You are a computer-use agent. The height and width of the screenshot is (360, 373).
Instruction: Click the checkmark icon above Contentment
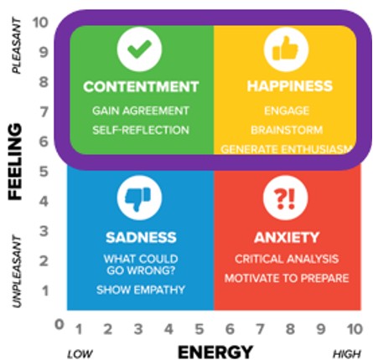(x=139, y=49)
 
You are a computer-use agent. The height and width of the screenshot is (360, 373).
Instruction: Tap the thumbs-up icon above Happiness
(x=286, y=49)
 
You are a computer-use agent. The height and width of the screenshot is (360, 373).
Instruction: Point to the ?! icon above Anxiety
(x=286, y=198)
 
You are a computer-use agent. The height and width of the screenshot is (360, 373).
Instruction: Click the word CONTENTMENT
(x=141, y=86)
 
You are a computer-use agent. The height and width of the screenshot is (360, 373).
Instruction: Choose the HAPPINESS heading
(x=290, y=86)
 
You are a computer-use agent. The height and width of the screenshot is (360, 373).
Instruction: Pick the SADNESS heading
(x=141, y=238)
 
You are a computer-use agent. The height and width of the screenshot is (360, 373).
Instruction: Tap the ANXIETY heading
(x=287, y=238)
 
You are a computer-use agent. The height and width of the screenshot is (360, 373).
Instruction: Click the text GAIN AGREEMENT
(x=141, y=111)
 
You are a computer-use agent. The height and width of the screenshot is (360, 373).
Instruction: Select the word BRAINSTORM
(x=287, y=130)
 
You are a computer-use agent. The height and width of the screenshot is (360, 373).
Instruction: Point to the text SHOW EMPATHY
(x=141, y=290)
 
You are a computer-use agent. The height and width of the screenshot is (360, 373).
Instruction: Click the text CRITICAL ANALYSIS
(x=287, y=259)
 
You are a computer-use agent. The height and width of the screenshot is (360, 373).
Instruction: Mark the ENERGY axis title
(x=215, y=352)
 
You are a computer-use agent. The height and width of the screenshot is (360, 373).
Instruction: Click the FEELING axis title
(x=15, y=162)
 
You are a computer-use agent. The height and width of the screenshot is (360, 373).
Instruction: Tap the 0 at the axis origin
(x=60, y=325)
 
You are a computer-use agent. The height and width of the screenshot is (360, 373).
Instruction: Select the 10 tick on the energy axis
(x=355, y=329)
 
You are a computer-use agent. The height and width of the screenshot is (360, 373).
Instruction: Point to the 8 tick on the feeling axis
(x=44, y=82)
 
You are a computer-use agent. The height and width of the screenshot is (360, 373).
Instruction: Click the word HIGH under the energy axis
(x=347, y=354)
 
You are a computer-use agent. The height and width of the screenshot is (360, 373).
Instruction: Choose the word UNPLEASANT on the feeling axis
(x=17, y=270)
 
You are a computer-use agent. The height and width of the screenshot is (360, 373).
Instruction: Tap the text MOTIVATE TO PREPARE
(x=287, y=278)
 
